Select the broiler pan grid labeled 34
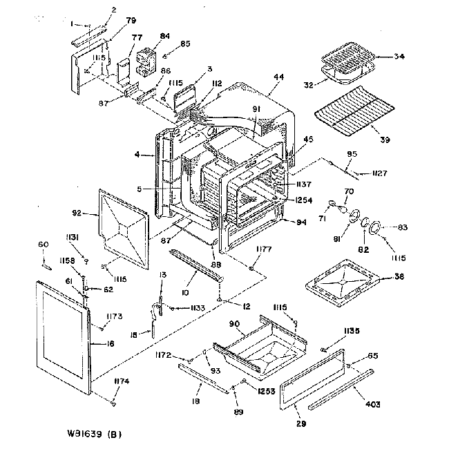347,59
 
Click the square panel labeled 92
124,228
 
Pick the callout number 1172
164,355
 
